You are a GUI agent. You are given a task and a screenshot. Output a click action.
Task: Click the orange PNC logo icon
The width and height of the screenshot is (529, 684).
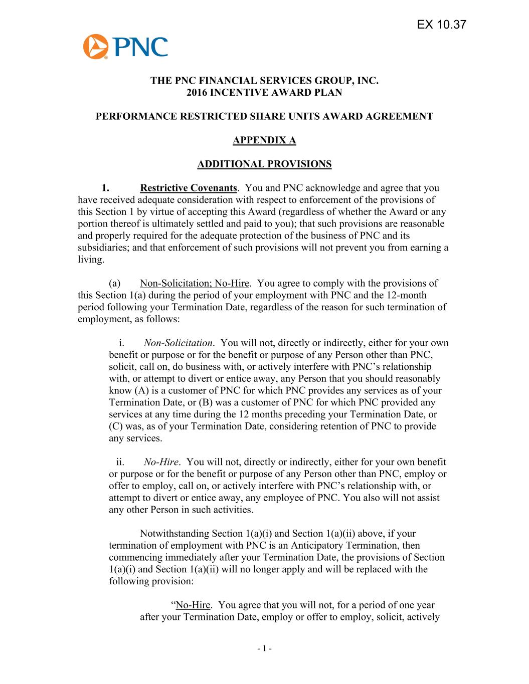point(95,47)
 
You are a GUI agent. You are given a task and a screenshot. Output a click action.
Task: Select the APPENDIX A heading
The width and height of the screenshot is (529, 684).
point(264,140)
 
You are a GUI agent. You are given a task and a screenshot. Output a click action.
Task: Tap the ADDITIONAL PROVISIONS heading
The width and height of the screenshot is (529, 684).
point(264,164)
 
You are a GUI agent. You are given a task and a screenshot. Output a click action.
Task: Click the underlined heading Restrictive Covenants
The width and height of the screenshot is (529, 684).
point(189,188)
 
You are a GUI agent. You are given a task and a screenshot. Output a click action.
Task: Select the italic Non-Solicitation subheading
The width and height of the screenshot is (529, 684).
point(178,343)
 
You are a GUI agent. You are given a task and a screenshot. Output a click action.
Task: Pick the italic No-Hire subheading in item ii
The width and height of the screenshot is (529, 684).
point(161,462)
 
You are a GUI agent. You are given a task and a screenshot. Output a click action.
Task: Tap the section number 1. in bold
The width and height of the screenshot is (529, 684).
point(105,188)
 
